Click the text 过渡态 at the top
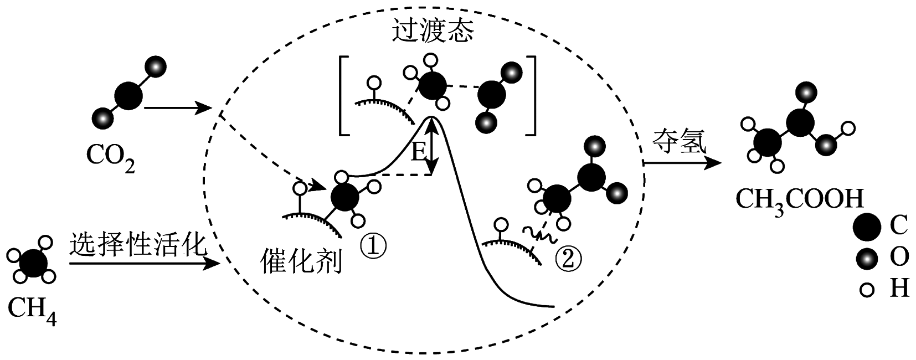pyautogui.click(x=433, y=31)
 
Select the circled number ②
pyautogui.click(x=568, y=258)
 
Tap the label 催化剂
pyautogui.click(x=301, y=262)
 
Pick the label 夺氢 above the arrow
pyautogui.click(x=679, y=142)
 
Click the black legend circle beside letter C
pyautogui.click(x=867, y=227)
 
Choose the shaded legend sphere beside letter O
pyautogui.click(x=867, y=258)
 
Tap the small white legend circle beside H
pyautogui.click(x=867, y=289)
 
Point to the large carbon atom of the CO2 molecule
pyautogui.click(x=128, y=95)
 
